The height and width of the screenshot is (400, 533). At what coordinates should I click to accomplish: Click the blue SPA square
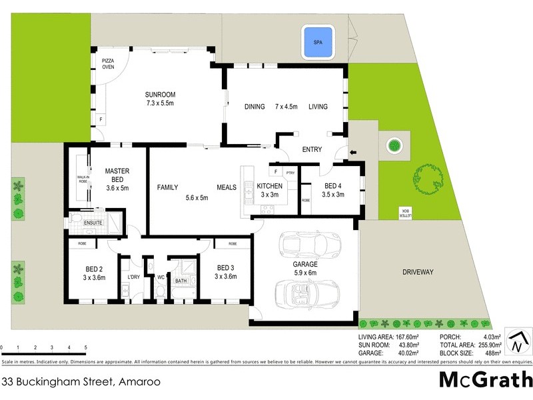click(x=317, y=42)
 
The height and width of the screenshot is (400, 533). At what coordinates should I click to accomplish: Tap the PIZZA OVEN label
click(x=108, y=63)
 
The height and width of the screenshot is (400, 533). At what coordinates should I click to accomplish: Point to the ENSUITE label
click(x=93, y=222)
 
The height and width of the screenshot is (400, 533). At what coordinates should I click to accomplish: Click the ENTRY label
click(x=312, y=149)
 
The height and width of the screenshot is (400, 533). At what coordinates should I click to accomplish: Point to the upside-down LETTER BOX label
click(x=405, y=213)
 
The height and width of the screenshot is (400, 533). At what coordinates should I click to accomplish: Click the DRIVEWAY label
click(x=418, y=272)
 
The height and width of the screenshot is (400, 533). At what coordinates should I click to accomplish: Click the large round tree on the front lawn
click(x=427, y=177)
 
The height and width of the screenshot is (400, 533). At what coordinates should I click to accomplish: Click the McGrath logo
click(x=486, y=381)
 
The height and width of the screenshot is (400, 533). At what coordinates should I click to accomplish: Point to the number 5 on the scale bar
click(x=85, y=348)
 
